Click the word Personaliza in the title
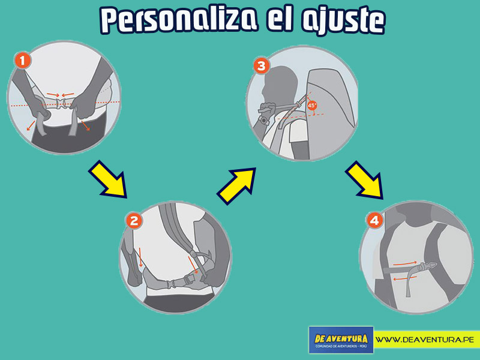click(179, 20)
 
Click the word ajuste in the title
click(343, 22)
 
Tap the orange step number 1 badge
click(23, 61)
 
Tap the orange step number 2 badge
click(134, 221)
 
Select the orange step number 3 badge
click(262, 66)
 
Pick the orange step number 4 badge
click(374, 220)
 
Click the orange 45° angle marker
click(312, 106)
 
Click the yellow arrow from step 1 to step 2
click(108, 179)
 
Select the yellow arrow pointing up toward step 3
click(236, 186)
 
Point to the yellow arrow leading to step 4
click(365, 180)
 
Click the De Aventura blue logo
click(341, 340)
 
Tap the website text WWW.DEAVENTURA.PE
click(425, 340)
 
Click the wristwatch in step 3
click(263, 120)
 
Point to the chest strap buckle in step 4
click(429, 266)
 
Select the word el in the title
click(280, 20)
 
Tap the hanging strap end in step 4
click(410, 284)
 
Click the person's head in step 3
click(280, 84)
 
